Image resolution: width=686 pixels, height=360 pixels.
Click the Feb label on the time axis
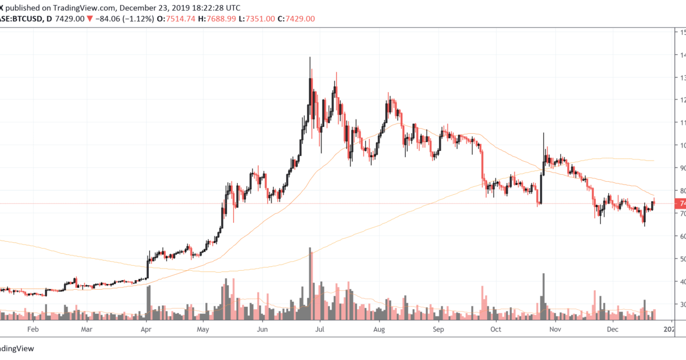(33, 330)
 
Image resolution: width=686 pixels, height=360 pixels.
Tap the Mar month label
(86, 330)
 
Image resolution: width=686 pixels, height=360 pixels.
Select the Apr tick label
(146, 330)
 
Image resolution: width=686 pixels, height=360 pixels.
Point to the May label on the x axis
(203, 330)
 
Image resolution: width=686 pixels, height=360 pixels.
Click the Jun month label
(262, 330)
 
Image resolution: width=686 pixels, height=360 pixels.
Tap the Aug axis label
(380, 330)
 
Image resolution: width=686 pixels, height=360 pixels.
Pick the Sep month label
(438, 330)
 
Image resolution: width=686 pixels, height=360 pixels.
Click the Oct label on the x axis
(496, 330)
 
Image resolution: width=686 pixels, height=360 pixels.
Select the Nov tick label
(555, 330)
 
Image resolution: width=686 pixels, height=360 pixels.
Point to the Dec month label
(613, 330)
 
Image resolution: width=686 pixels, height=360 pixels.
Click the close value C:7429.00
(296, 19)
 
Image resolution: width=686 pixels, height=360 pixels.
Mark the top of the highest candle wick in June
(310, 57)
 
